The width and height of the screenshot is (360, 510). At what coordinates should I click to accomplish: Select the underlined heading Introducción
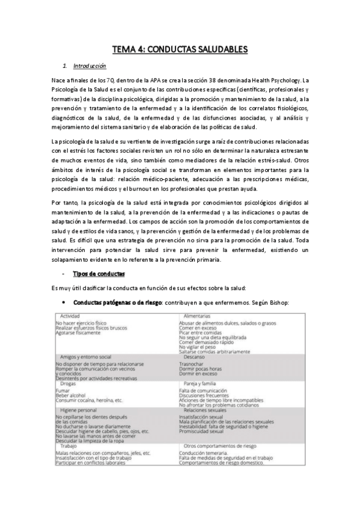coord(89,66)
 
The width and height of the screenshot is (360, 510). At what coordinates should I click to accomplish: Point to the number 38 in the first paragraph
coord(215,80)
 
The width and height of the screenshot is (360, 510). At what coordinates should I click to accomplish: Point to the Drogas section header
coord(69,383)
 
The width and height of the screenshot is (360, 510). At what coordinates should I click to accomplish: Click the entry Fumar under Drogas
coord(62,390)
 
